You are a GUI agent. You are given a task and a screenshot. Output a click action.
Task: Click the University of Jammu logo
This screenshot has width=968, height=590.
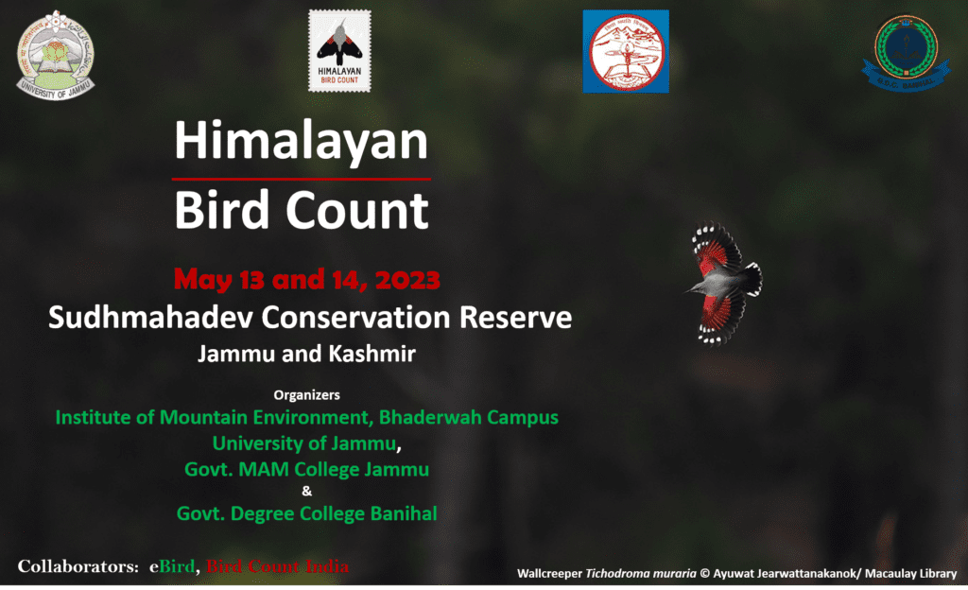point(56,55)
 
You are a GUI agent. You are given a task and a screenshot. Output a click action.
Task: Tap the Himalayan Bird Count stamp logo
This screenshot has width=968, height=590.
point(339,51)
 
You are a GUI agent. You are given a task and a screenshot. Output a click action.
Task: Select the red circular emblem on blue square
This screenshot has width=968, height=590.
point(625,51)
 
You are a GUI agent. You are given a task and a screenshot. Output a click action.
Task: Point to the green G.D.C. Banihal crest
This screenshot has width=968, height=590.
point(899,52)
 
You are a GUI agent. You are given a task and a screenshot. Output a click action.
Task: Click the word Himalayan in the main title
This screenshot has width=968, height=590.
point(301,143)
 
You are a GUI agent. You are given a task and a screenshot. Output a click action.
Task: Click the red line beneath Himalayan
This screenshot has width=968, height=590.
point(301,178)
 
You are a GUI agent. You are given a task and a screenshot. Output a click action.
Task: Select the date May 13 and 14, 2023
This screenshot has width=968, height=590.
point(307,280)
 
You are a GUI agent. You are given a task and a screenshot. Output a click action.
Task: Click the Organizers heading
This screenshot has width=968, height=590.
point(306,394)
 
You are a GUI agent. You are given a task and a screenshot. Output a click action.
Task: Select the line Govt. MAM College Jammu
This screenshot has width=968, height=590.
point(306,469)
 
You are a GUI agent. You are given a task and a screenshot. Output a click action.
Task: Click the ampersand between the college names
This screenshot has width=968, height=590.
point(305,491)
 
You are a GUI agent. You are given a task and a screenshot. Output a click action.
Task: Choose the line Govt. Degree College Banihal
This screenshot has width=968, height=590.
point(306,513)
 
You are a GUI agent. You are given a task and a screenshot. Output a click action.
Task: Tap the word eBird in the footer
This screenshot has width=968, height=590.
point(171,566)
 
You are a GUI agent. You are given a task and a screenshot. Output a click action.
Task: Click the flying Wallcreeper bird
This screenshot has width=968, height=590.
point(724,281)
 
